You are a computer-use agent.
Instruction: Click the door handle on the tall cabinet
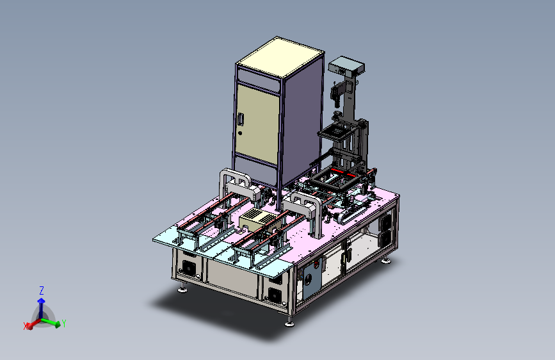[x=241, y=119]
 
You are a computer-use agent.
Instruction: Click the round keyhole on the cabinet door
[x=240, y=133]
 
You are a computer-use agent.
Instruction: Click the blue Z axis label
[x=42, y=291]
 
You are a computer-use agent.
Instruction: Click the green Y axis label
[x=64, y=323]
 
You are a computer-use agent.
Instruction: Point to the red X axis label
[x=26, y=326]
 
